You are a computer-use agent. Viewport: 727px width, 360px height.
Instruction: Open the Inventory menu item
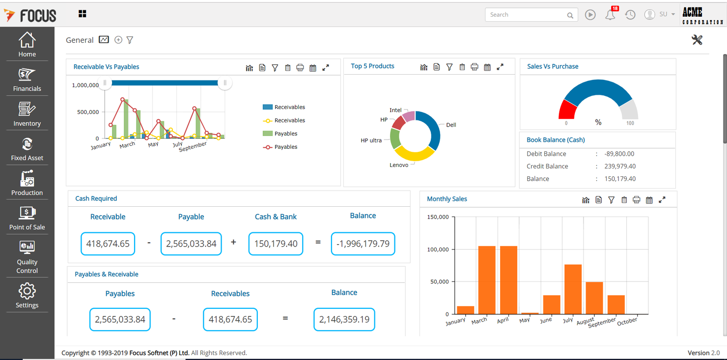[x=27, y=114]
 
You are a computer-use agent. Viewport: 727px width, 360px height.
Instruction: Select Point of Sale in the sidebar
[x=27, y=218]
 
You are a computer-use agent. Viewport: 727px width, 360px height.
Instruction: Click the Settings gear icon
[x=27, y=291]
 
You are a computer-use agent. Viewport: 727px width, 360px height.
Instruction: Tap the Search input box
[x=525, y=15]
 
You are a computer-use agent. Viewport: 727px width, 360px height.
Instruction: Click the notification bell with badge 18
[x=610, y=15]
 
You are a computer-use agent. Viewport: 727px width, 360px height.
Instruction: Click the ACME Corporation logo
[x=702, y=15]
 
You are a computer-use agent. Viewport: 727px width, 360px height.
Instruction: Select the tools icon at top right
[x=697, y=40]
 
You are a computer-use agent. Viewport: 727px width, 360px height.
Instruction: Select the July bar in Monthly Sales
[x=573, y=289]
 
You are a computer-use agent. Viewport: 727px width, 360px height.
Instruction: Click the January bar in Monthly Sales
[x=465, y=310]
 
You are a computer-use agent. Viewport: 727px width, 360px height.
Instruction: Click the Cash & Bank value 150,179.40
[x=276, y=244]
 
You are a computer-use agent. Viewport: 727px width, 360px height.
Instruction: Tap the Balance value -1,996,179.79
[x=363, y=244]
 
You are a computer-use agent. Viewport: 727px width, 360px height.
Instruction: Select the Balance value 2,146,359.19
[x=344, y=320]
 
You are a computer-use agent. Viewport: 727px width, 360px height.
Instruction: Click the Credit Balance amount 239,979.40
[x=620, y=166]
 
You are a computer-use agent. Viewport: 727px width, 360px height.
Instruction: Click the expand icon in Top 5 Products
[x=500, y=67]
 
